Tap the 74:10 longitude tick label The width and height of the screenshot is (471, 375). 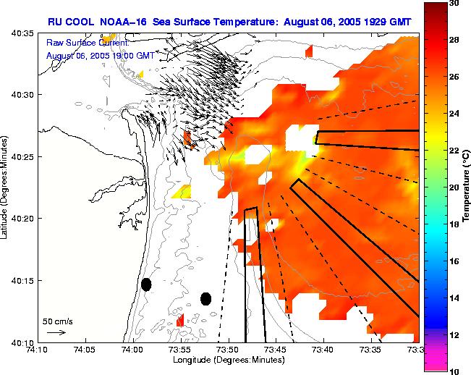pos(37,350)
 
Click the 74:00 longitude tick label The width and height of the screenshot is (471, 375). pos(132,350)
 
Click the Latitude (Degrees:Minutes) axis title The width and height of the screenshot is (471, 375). pos(7,187)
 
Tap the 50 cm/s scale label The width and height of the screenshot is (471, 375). pos(57,321)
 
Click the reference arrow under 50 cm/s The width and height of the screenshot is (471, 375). pos(56,332)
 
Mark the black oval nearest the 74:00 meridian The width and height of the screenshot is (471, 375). pos(146,285)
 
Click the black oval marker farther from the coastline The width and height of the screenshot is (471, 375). pos(205,298)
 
